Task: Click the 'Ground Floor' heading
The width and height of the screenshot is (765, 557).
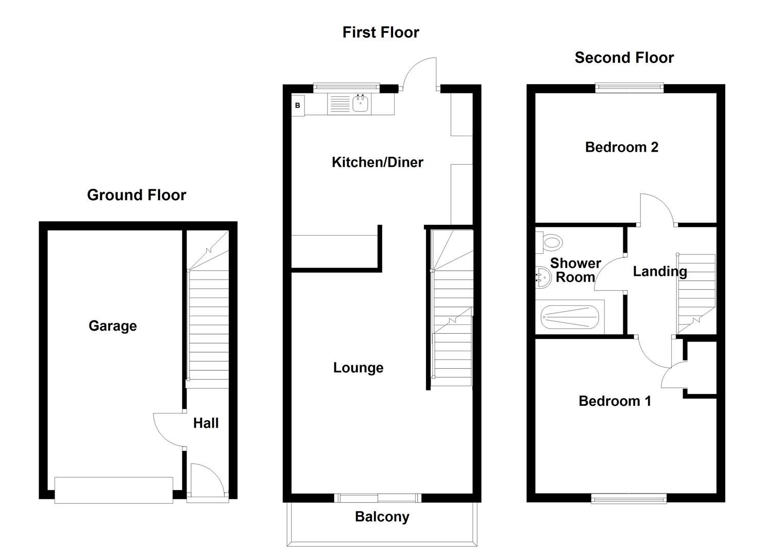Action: (x=137, y=195)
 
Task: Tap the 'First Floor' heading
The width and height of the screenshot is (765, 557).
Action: (x=381, y=32)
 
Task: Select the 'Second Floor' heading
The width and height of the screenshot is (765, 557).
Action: (x=624, y=57)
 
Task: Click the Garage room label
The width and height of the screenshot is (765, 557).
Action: (x=113, y=326)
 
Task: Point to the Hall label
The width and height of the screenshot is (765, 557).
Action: (x=206, y=423)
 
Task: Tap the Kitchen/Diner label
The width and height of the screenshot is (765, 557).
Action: (x=378, y=162)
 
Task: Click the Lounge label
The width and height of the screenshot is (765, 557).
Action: (x=358, y=368)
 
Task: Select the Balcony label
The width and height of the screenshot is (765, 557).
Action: (x=382, y=517)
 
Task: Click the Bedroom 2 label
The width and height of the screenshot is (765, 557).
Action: (x=622, y=147)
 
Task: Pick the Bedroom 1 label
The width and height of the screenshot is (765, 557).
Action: (x=615, y=401)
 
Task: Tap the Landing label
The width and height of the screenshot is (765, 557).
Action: (x=660, y=271)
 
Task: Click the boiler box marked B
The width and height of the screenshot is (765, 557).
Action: (x=298, y=105)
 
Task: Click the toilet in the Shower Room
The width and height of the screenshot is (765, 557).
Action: (x=549, y=242)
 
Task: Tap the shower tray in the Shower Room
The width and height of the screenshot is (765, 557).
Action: (x=570, y=317)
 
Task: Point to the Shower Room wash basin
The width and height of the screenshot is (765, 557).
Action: (x=542, y=277)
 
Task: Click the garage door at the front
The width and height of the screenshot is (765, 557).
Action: (x=114, y=490)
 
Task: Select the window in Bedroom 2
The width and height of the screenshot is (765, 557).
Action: (x=630, y=88)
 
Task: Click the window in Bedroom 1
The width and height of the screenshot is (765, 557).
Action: (x=628, y=499)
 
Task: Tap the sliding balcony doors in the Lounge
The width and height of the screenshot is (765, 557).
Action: (x=378, y=498)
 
